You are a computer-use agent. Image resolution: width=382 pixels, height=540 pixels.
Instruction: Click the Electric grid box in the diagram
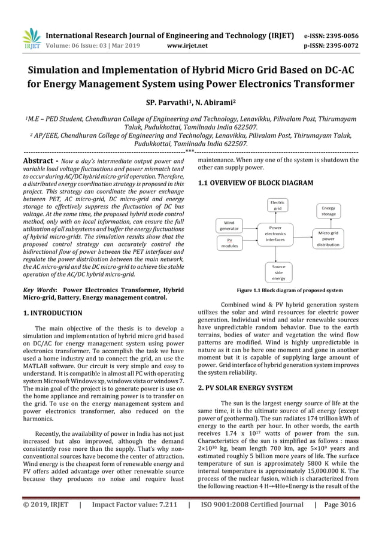tap(277, 206)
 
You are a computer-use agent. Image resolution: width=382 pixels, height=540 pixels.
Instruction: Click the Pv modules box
tap(229, 242)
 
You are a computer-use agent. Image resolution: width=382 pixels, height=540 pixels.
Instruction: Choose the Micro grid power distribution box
tap(328, 238)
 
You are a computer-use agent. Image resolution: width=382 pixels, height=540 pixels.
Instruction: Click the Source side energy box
tap(278, 272)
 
